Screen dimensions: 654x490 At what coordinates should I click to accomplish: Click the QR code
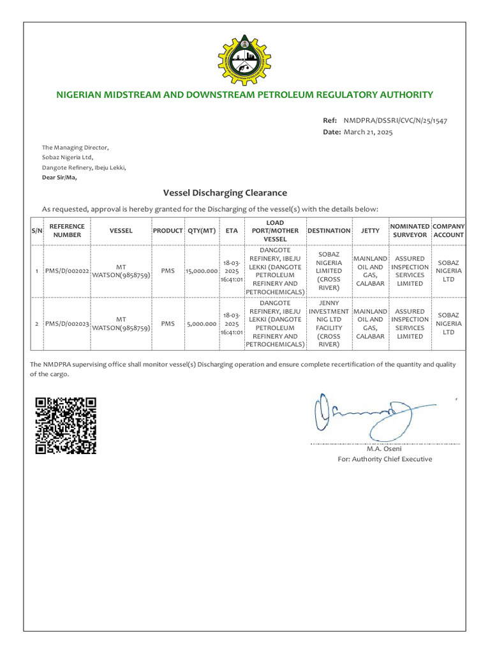click(66, 425)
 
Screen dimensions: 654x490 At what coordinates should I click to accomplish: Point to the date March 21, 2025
click(368, 132)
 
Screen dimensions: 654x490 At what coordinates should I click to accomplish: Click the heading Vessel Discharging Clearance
click(225, 192)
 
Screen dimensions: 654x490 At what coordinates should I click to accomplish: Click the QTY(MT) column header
click(201, 231)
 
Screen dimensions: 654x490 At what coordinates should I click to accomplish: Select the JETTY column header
click(370, 231)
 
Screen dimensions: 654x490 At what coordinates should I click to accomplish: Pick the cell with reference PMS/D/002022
click(68, 271)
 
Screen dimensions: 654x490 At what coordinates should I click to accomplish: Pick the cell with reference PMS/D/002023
click(68, 324)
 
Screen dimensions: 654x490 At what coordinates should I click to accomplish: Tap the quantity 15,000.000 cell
click(201, 271)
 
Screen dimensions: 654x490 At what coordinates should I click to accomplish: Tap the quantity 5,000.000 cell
click(201, 324)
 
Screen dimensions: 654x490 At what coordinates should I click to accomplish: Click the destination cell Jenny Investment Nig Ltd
click(329, 324)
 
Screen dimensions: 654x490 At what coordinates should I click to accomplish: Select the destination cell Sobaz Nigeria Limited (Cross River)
click(329, 271)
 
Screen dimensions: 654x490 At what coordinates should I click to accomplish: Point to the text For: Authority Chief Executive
click(384, 459)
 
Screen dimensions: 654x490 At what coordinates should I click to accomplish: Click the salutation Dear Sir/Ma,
click(59, 178)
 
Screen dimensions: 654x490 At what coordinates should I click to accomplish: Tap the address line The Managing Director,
click(75, 148)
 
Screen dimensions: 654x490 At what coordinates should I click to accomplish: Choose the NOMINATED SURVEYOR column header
click(410, 231)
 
